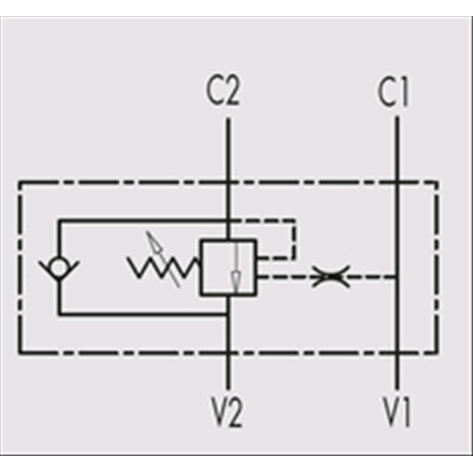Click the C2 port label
(223, 91)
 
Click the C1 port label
(394, 92)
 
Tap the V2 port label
(227, 412)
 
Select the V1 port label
(396, 412)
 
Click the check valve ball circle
(59, 267)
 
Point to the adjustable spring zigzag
(164, 267)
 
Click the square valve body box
(229, 268)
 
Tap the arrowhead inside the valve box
(236, 278)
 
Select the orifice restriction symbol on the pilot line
(330, 276)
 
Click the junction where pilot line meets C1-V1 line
(396, 277)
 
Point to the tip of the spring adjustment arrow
(148, 234)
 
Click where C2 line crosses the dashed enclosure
(228, 183)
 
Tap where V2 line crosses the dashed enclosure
(228, 353)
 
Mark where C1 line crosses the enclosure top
(396, 183)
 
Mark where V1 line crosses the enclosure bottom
(396, 353)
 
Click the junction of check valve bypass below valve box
(228, 314)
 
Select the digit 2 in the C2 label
(232, 91)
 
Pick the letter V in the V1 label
(391, 412)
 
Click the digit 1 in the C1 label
(404, 92)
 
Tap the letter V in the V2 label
(219, 412)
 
